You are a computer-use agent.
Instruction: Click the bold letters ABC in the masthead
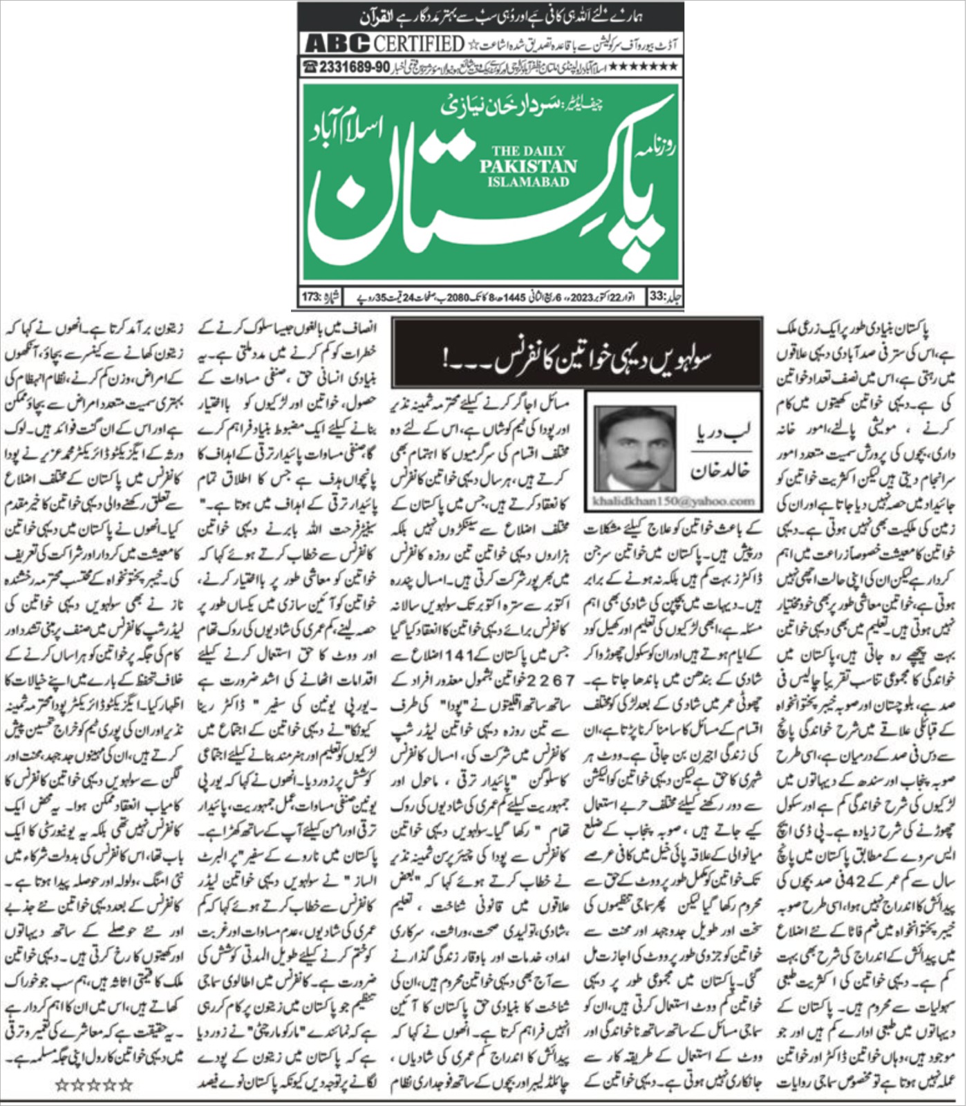[x=337, y=44]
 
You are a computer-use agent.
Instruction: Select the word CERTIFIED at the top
[x=420, y=44]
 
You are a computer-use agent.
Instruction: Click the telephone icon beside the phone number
[x=309, y=67]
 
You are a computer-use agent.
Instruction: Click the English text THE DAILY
[x=528, y=151]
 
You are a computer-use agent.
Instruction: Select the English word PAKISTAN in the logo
[x=528, y=166]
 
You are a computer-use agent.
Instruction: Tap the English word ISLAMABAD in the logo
[x=528, y=182]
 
